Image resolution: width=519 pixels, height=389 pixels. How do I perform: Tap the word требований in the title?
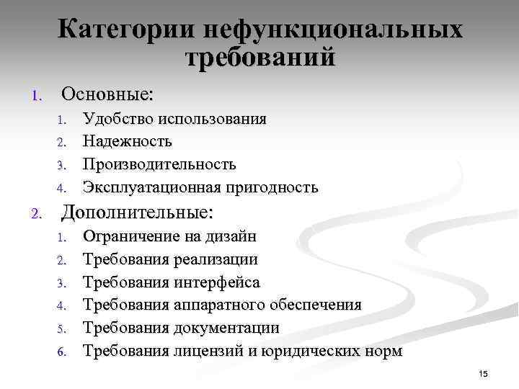click(x=260, y=58)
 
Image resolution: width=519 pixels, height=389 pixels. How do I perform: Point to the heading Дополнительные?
click(x=138, y=213)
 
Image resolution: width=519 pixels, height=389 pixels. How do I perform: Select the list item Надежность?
click(x=128, y=141)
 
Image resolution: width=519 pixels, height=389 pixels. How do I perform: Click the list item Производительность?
click(x=159, y=164)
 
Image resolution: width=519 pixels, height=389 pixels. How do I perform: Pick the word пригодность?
click(x=270, y=187)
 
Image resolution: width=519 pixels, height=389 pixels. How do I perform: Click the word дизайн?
click(x=230, y=236)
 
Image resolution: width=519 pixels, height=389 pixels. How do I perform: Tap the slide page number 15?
click(x=483, y=374)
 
